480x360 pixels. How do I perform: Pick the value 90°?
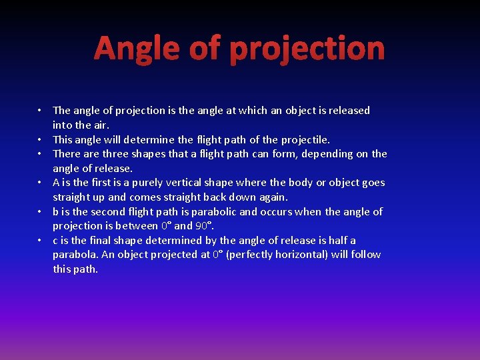pyautogui.click(x=204, y=226)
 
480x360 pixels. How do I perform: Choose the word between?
pyautogui.click(x=137, y=226)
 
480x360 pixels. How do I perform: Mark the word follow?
pyautogui.click(x=365, y=255)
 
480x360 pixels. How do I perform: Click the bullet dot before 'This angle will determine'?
pyautogui.click(x=40, y=139)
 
